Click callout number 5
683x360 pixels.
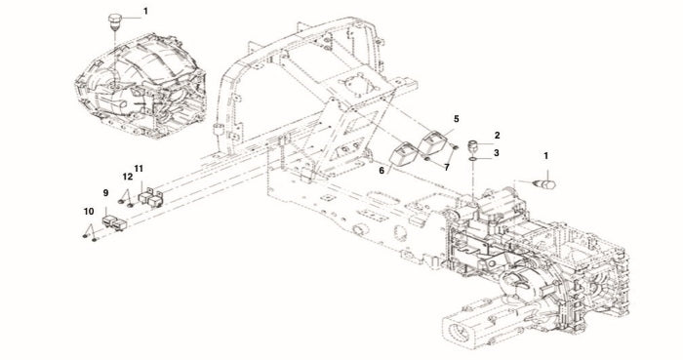pos(456,118)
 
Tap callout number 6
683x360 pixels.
pos(382,171)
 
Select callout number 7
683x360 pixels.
pos(447,168)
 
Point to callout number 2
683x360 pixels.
pos(497,136)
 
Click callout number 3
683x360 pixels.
pos(496,153)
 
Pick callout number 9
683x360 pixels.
pos(105,192)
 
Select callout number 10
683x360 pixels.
pos(89,211)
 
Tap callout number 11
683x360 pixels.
pos(139,168)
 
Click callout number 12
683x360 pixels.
pos(127,177)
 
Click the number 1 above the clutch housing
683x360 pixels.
pos(145,11)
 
